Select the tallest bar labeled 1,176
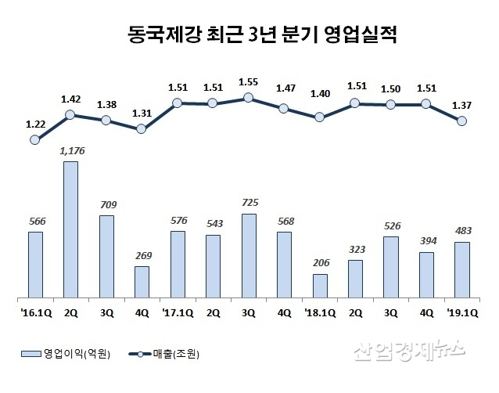point(70,229)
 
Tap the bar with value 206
point(320,286)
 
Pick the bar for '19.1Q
point(461,270)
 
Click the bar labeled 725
point(249,256)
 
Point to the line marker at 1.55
point(249,98)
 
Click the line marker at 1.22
point(34,140)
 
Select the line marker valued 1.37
point(461,121)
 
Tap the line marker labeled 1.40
point(320,117)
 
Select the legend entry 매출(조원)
point(171,355)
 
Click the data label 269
point(142,255)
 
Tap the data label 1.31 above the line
point(142,113)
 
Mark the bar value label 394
point(426,241)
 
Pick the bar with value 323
point(355,279)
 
